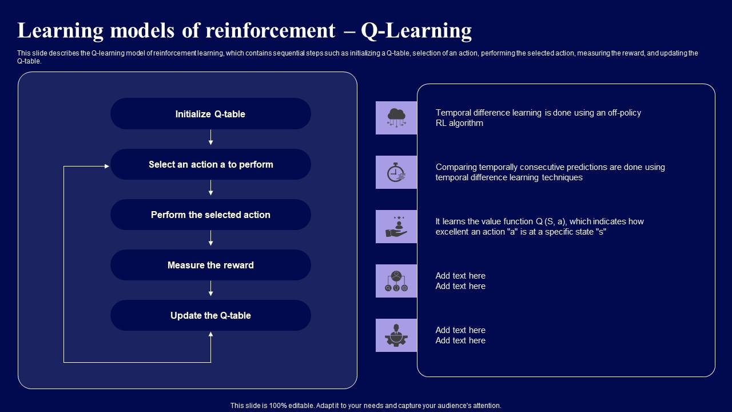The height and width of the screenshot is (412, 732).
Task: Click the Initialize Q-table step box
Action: (x=210, y=114)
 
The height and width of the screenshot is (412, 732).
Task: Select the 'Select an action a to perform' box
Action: (x=210, y=164)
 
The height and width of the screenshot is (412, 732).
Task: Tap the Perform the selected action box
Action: (x=210, y=215)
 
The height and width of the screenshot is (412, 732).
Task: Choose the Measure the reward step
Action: (x=210, y=265)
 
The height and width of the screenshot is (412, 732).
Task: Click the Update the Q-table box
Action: (x=210, y=315)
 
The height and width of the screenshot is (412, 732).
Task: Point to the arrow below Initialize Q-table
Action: (x=211, y=138)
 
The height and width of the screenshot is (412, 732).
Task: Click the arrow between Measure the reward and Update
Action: (x=211, y=289)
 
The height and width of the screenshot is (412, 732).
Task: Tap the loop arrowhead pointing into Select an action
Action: (x=106, y=166)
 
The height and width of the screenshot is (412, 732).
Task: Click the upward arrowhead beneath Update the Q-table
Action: (x=211, y=335)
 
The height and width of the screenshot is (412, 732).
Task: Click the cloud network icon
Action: (x=396, y=117)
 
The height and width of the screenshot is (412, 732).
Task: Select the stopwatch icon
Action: (x=396, y=172)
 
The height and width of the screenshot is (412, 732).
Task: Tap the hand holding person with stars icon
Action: (x=396, y=227)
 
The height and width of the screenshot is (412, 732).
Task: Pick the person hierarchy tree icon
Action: (x=396, y=281)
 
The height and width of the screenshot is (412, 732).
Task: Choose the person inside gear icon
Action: (x=396, y=335)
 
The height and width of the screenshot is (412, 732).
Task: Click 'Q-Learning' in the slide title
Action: (x=416, y=30)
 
